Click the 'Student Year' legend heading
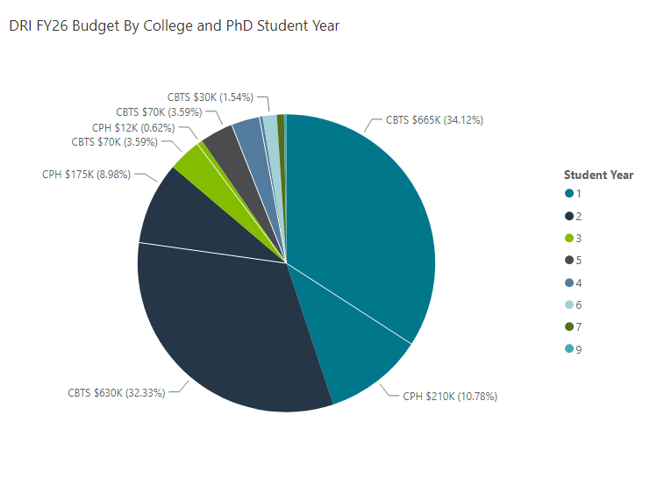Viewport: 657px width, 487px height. pos(598,175)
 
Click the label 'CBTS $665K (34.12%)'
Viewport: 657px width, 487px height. pos(435,120)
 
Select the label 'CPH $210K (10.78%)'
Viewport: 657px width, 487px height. pos(449,397)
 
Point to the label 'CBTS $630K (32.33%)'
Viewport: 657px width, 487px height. pos(116,392)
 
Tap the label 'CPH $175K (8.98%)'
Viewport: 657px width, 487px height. pos(86,174)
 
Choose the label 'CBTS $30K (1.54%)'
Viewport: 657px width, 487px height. pos(210,97)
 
